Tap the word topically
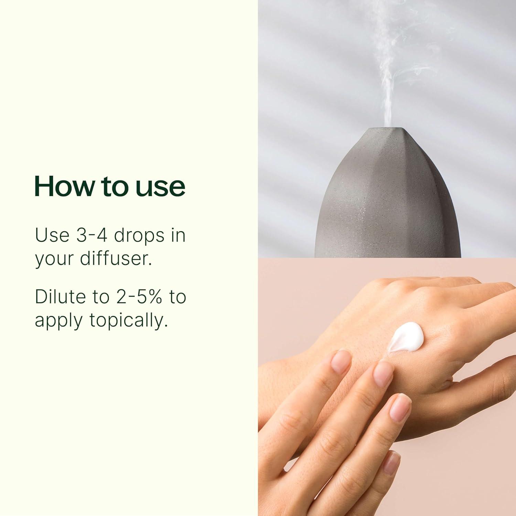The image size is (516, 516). (x=128, y=320)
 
